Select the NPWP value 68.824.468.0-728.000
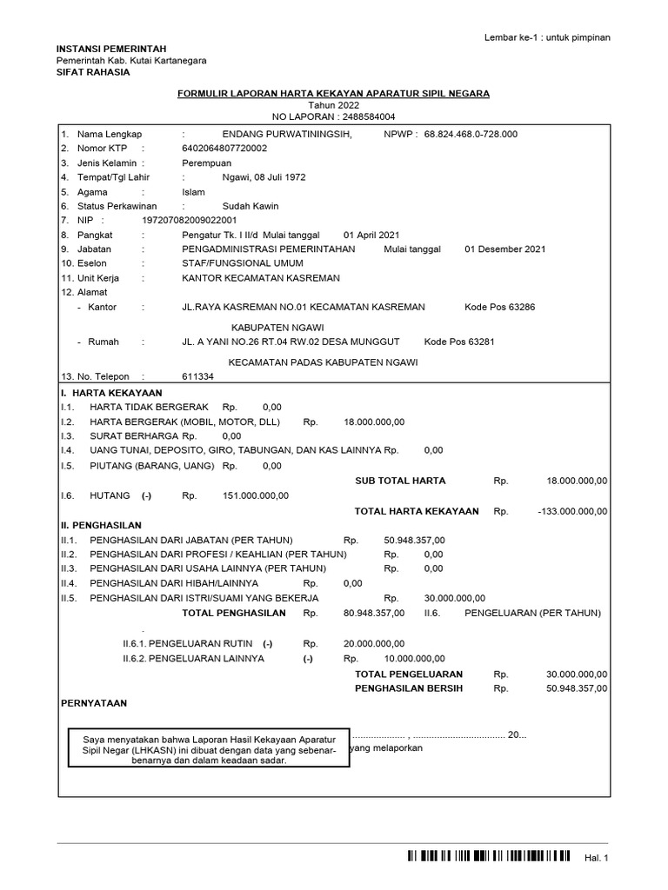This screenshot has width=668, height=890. pyautogui.click(x=471, y=135)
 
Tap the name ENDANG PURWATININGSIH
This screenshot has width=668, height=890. pyautogui.click(x=287, y=135)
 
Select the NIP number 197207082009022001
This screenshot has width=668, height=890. pyautogui.click(x=189, y=221)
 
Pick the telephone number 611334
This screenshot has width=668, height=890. pyautogui.click(x=197, y=377)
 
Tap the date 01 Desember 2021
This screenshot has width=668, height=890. pyautogui.click(x=505, y=249)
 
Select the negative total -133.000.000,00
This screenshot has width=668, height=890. pyautogui.click(x=573, y=512)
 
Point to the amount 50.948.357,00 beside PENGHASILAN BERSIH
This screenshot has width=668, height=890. pyautogui.click(x=577, y=688)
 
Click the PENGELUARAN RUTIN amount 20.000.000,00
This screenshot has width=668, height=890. pyautogui.click(x=374, y=644)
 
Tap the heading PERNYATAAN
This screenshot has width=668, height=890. pyautogui.click(x=92, y=702)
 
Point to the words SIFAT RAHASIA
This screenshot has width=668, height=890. pyautogui.click(x=93, y=72)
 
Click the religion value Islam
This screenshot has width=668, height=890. pyautogui.click(x=193, y=192)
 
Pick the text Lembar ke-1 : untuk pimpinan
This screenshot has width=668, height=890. pyautogui.click(x=547, y=37)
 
